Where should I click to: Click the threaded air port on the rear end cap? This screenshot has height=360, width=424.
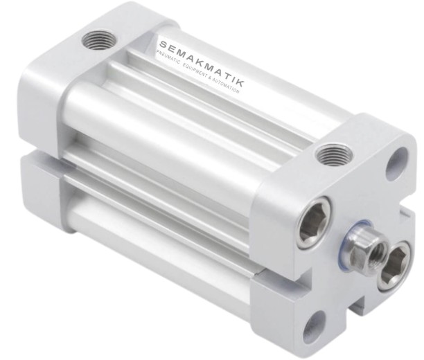coord(100,42)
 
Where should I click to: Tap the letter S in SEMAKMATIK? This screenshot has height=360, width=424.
coord(163,45)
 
